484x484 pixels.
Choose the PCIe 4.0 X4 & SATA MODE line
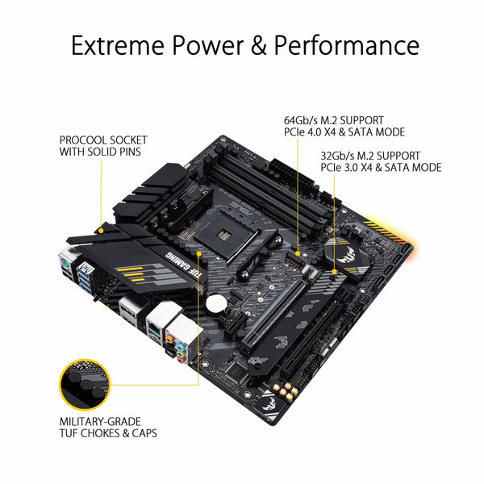[343, 132]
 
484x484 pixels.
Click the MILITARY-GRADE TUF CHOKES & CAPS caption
[107, 427]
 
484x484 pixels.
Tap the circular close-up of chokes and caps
[82, 383]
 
